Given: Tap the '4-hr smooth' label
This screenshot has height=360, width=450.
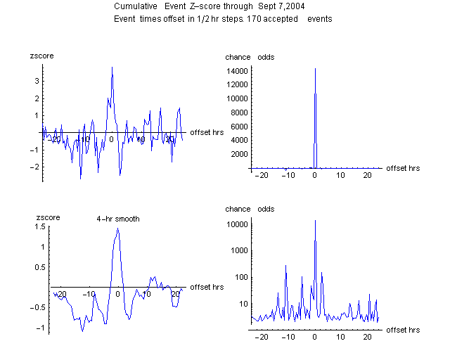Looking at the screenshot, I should pos(118,219).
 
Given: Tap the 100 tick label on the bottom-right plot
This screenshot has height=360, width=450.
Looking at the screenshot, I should pos(240,277).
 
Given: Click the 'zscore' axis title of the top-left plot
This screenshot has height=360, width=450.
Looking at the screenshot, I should pos(41,55).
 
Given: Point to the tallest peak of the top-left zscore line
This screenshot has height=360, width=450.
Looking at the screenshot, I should pos(112,67).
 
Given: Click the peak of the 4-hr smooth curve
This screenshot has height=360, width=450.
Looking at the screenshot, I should pos(117,229).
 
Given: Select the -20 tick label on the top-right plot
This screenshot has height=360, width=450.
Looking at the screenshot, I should pos(262,175).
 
